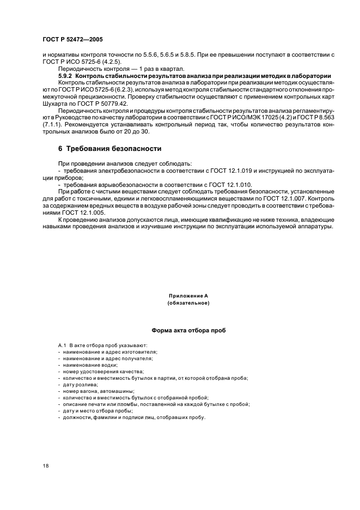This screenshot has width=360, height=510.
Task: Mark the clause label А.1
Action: click(62, 345)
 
